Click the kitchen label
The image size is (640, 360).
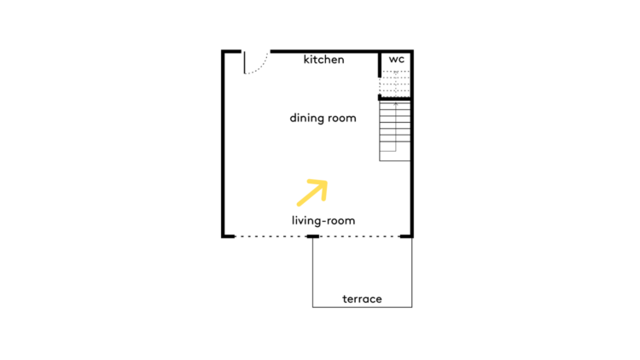coord(323,60)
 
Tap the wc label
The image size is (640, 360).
coord(396,60)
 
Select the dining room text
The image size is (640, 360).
coord(323,118)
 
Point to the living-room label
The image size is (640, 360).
coord(323,220)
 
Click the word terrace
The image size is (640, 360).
coord(362,299)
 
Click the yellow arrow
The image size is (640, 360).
coord(312,193)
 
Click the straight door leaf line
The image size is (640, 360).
coord(245,62)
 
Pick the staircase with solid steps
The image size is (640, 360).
coord(395,131)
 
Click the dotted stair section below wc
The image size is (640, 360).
coord(395,84)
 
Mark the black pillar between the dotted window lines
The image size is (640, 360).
coord(312,236)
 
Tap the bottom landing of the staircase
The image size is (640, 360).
coord(395,156)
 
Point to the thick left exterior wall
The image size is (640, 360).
coord(224,143)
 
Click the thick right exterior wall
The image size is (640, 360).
coord(412,143)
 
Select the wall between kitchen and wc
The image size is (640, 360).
coord(380,64)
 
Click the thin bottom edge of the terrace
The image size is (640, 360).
coord(362,307)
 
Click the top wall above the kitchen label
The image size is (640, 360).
coord(324,51)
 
